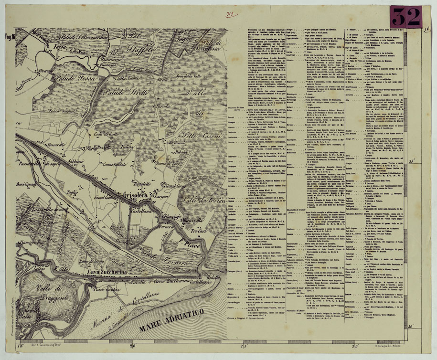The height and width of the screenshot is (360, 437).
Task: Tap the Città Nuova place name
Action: coord(112,77)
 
